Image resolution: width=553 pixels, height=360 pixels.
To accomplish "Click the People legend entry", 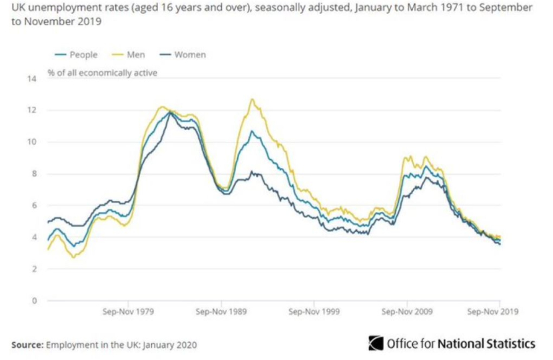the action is coord(76,55).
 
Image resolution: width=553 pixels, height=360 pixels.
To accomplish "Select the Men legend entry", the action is coord(129,55).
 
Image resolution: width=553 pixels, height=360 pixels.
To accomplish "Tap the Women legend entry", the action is coord(183,55).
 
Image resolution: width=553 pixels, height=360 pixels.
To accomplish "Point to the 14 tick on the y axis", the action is coord(32,79).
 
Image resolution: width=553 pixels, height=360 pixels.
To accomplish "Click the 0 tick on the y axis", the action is coord(34,301).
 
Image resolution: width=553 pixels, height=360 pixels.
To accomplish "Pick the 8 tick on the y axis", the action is coord(34,173).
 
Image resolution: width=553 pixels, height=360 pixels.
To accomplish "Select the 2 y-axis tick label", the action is coord(34,269).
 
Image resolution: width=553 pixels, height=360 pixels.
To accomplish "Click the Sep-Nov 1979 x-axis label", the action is coord(129,311).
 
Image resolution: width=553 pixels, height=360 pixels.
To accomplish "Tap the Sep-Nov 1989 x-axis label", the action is coord(221,311).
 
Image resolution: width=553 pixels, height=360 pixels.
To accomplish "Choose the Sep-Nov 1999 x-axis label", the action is coord(314,311).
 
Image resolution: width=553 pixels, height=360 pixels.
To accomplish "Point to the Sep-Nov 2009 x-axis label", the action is coord(407,311).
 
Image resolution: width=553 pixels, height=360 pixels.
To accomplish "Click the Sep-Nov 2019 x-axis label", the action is coord(492,311).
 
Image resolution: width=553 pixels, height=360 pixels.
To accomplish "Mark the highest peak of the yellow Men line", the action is coord(252,99).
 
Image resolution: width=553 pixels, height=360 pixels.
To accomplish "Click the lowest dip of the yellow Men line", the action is coord(73,257).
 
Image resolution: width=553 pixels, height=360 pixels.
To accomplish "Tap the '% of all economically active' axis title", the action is coord(103,73).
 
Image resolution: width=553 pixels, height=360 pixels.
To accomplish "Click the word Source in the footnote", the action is coord(27,345).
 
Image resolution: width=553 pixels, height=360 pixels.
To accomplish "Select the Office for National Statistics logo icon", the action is coord(376,343).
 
